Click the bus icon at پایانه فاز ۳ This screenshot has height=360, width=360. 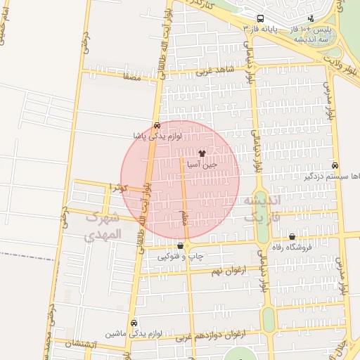tap(260, 18)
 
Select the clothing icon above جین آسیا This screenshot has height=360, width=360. tap(222, 152)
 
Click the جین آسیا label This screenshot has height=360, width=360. tap(202, 163)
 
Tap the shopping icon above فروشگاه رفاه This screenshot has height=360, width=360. tap(292, 237)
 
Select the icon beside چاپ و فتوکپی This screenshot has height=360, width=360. tap(182, 246)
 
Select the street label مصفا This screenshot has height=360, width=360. tap(132, 78)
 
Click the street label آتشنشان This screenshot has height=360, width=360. tap(78, 345)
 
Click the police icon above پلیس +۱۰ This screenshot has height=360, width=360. tap(311, 18)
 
